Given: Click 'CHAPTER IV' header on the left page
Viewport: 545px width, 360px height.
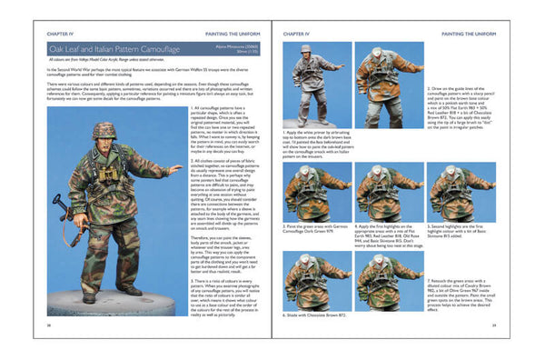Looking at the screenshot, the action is (63, 33).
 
